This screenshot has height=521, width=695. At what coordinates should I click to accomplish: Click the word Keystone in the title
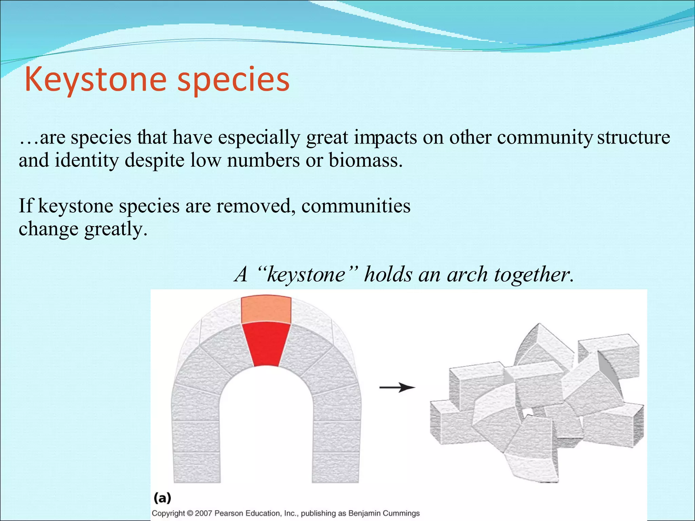coord(95,80)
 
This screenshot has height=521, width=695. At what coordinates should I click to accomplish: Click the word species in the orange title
coord(233,80)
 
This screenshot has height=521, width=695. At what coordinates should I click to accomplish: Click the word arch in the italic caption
coord(467,274)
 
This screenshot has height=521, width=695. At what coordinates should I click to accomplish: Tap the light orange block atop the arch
coord(266,309)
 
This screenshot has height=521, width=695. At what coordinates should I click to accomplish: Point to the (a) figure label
coord(162,498)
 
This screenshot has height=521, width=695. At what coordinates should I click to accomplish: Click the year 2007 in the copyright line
coord(203,513)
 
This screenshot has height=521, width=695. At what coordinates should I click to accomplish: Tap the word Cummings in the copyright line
coord(401,513)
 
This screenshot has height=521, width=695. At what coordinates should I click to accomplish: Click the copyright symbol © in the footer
coord(190,513)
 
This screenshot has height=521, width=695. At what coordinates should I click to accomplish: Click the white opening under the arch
coord(266,424)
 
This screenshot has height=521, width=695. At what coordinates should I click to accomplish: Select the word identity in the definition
coord(87,160)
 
